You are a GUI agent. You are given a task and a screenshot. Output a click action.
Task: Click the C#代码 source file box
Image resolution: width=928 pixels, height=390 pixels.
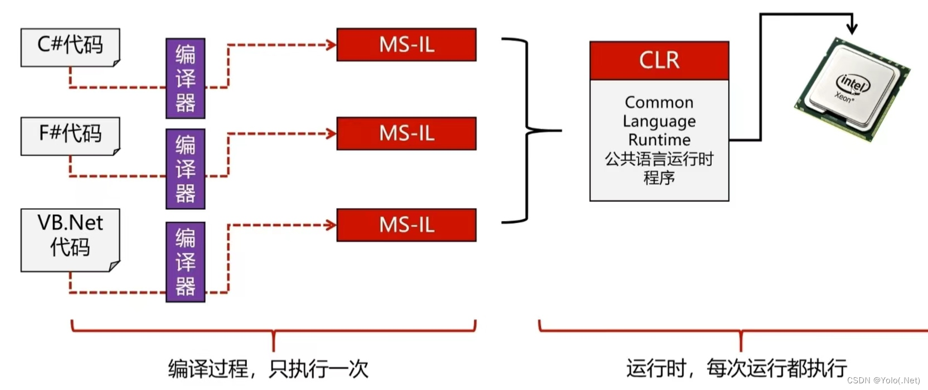[x=70, y=47]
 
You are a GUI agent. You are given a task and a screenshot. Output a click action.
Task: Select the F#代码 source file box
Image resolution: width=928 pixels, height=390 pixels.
[x=70, y=136]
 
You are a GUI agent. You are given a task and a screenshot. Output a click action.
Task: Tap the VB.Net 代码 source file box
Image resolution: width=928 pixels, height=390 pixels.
[x=70, y=239]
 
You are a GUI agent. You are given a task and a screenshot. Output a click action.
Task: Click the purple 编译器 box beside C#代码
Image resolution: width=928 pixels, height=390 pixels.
[x=186, y=78]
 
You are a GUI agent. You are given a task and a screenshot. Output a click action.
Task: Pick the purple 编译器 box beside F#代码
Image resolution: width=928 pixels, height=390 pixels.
[x=186, y=168]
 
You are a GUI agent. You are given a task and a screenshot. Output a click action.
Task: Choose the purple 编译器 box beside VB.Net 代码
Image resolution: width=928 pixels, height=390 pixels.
[x=186, y=262]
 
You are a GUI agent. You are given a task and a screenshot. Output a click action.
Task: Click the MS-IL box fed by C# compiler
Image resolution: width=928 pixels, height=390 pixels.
[x=406, y=45]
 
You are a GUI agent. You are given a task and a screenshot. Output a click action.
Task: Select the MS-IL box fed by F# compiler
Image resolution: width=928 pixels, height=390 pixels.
[x=406, y=133]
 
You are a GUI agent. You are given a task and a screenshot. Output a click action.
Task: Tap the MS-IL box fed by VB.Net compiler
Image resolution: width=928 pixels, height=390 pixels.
[x=406, y=225]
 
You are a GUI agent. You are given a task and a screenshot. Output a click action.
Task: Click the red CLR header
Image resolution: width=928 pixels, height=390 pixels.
[x=659, y=60]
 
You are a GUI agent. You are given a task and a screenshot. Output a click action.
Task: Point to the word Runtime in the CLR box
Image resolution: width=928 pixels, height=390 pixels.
[x=659, y=139]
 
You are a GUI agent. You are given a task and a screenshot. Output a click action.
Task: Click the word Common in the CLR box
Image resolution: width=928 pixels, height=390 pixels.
[x=659, y=102]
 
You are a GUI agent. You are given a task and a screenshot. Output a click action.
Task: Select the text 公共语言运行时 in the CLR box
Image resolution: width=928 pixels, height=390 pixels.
[x=659, y=159]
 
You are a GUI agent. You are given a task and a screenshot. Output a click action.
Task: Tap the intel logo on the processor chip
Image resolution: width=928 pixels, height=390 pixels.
[x=852, y=84]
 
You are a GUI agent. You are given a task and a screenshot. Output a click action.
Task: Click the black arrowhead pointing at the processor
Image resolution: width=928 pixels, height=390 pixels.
[x=852, y=28]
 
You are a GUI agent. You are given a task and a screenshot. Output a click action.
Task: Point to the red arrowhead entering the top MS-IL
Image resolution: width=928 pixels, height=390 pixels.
[x=331, y=45]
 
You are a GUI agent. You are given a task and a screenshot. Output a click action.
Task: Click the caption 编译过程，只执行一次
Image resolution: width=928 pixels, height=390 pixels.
[x=268, y=369]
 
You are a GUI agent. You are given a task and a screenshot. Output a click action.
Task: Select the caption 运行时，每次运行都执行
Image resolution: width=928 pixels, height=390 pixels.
[x=736, y=369]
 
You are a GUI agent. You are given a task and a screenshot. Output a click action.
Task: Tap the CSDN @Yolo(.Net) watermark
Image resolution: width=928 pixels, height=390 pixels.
[x=883, y=381]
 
